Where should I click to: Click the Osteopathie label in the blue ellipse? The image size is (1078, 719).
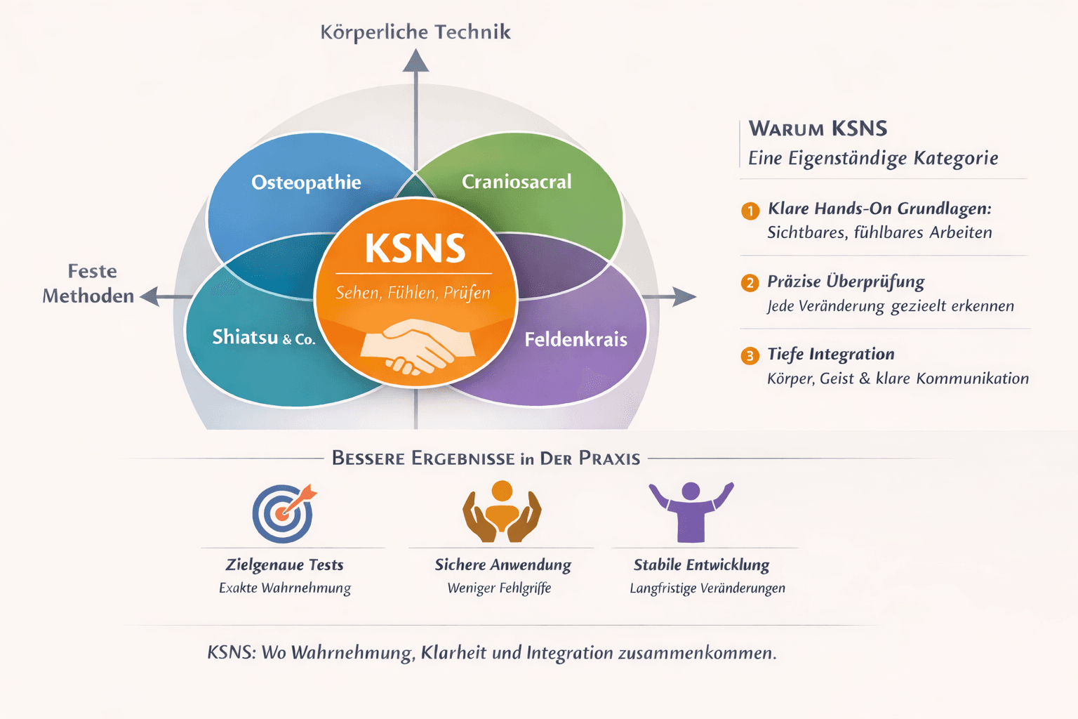306,183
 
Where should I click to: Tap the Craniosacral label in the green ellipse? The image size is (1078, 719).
517,182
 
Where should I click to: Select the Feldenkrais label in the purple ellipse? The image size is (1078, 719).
575,340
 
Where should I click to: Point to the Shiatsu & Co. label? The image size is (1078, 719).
263,338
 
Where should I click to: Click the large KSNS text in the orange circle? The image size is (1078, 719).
415,249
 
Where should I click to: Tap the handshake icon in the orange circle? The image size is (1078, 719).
417,345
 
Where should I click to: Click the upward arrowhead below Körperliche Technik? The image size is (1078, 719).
415,62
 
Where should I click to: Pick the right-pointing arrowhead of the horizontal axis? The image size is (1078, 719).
684,296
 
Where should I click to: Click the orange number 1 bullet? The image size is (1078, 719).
750,211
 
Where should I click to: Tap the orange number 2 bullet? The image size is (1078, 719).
750,283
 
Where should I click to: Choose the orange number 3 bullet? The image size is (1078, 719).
750,356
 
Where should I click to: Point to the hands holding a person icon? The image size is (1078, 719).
502,512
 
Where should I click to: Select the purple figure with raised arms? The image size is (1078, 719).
691,511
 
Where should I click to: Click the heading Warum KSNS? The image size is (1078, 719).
818,128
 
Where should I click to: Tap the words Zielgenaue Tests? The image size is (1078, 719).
284,565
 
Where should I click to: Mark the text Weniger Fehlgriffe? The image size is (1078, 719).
499,588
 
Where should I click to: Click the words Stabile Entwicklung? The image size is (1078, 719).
701,565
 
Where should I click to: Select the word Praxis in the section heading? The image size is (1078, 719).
609,459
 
